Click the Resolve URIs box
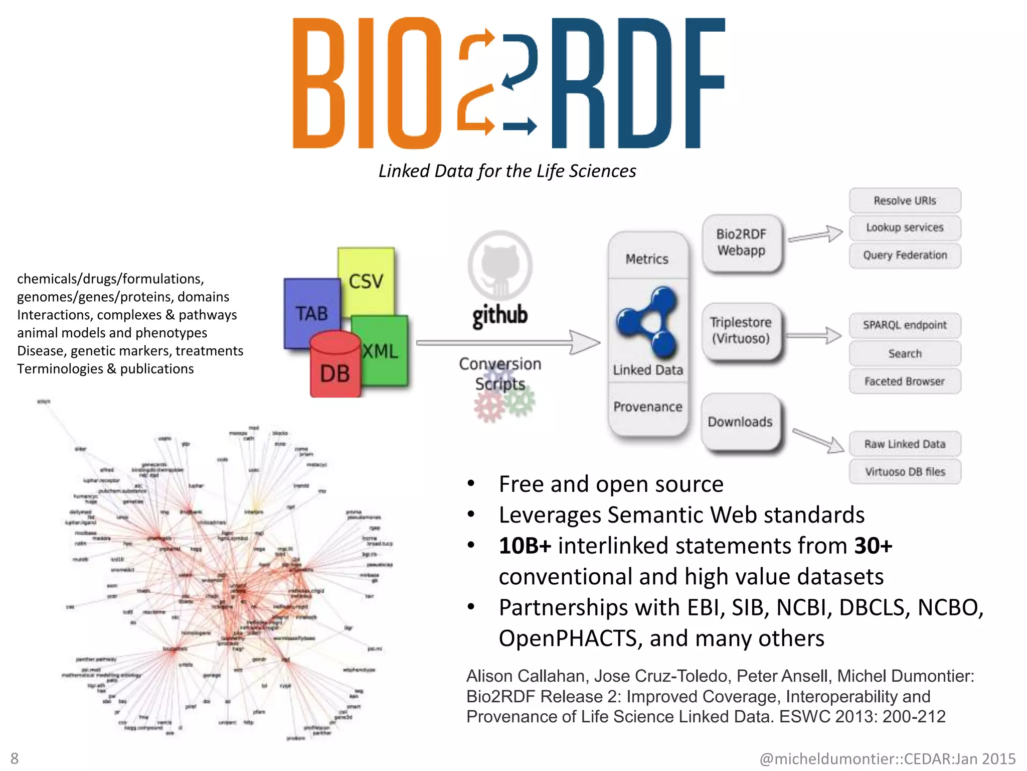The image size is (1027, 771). pyautogui.click(x=905, y=201)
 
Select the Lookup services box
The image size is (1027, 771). pyautogui.click(x=905, y=228)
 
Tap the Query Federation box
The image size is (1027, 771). pyautogui.click(x=905, y=255)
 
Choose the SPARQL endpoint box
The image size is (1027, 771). pyautogui.click(x=905, y=325)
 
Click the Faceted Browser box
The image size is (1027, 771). pyautogui.click(x=905, y=381)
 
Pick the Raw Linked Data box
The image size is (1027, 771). pyautogui.click(x=905, y=444)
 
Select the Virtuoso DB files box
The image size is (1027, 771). pyautogui.click(x=905, y=472)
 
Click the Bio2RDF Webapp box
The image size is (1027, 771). pyautogui.click(x=741, y=242)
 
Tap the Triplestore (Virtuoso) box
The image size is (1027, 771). pyautogui.click(x=741, y=330)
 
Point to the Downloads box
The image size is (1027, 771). pyautogui.click(x=740, y=422)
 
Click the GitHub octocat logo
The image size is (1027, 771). pyautogui.click(x=500, y=265)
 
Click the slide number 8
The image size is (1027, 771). pyautogui.click(x=15, y=758)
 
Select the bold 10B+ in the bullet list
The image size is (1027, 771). pyautogui.click(x=525, y=546)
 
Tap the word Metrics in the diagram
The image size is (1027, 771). pyautogui.click(x=647, y=259)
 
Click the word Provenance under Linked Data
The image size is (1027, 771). pyautogui.click(x=647, y=407)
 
